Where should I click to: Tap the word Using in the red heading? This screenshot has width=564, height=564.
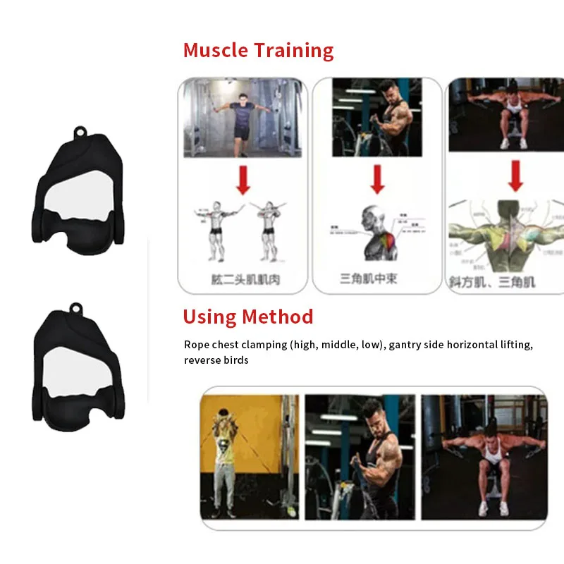coord(209,317)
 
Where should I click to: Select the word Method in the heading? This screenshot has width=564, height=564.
coord(278,317)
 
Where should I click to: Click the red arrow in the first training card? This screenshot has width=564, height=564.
coord(243,180)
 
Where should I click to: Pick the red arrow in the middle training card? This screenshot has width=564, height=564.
coord(377,180)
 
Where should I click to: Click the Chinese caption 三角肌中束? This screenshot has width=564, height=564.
coord(369,278)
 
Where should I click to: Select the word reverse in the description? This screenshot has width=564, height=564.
coord(202,360)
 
